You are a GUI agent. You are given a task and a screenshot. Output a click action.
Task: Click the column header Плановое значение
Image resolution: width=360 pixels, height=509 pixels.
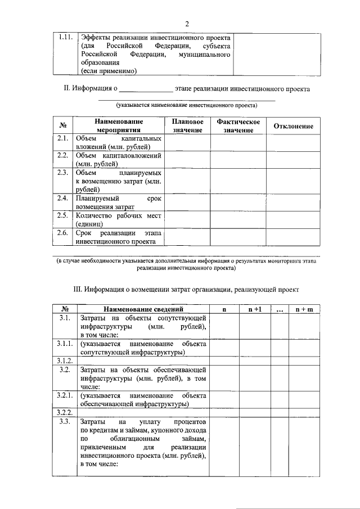(188, 126)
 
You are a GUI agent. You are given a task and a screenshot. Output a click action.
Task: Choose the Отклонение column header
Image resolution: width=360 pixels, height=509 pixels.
(293, 127)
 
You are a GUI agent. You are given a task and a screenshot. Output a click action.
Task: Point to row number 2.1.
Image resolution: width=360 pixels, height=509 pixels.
(63, 138)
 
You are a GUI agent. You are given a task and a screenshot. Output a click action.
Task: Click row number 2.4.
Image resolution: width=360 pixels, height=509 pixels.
(63, 199)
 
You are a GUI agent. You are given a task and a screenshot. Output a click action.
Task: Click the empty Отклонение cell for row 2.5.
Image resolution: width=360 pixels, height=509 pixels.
(293, 219)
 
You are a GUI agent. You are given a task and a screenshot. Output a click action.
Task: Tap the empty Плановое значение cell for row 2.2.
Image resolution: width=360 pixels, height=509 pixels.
(188, 159)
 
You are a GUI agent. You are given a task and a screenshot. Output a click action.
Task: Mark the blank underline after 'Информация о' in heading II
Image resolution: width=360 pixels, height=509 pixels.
(146, 89)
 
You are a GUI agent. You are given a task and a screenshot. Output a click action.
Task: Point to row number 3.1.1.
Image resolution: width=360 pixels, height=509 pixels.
(65, 343)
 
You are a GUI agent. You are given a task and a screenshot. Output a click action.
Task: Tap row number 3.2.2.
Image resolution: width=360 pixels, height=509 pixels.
(65, 412)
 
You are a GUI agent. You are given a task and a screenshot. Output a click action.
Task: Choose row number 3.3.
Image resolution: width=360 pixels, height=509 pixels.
(65, 421)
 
